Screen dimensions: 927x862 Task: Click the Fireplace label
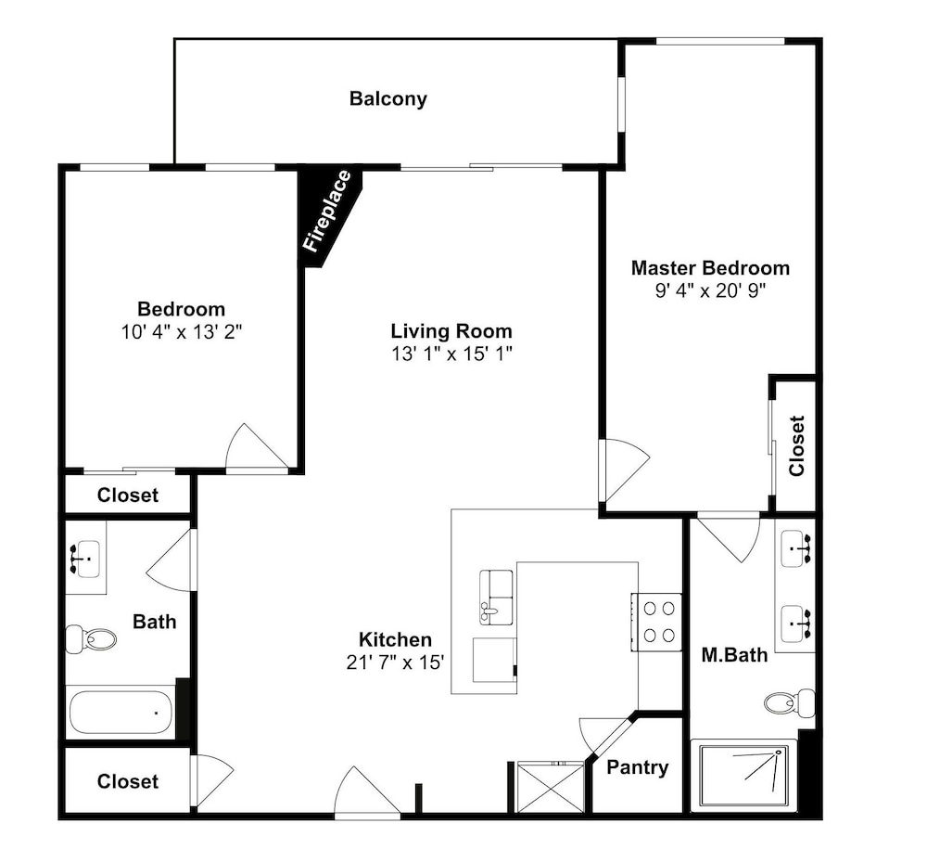point(327,211)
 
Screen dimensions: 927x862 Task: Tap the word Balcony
point(387,98)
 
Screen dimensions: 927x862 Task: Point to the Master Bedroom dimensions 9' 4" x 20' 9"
point(710,291)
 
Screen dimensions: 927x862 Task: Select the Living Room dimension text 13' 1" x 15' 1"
point(451,354)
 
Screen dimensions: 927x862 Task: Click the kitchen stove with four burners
point(656,622)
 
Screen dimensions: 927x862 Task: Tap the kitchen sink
point(496,597)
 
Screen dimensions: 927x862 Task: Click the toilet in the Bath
point(91,639)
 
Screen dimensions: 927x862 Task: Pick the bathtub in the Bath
point(121,713)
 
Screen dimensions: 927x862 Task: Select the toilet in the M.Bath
point(789,702)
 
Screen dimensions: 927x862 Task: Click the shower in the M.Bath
point(743,775)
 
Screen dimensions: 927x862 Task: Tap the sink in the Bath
point(85,559)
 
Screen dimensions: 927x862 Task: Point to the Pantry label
point(638,767)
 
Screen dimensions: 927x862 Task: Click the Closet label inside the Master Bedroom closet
point(796,445)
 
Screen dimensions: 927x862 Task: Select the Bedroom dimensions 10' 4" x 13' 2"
point(182,332)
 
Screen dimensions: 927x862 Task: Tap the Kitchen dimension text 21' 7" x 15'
point(395,662)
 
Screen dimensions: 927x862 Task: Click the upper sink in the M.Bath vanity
point(795,548)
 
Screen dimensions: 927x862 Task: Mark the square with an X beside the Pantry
point(550,788)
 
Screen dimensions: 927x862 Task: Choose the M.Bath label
point(734,655)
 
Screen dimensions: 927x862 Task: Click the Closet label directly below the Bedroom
point(128,495)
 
